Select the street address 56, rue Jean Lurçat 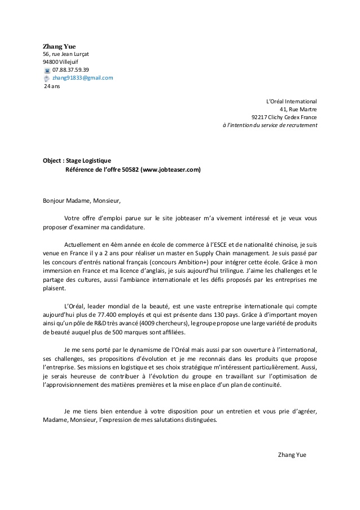click(x=65, y=54)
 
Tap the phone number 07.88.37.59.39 click(x=71, y=70)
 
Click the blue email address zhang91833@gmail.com click(x=83, y=78)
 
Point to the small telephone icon click(x=47, y=71)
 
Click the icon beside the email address click(x=47, y=79)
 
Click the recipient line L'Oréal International click(x=291, y=101)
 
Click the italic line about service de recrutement click(x=270, y=125)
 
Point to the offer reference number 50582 click(x=130, y=169)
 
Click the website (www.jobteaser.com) click(x=170, y=169)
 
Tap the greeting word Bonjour click(x=55, y=200)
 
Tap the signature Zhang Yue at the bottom click(x=292, y=455)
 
